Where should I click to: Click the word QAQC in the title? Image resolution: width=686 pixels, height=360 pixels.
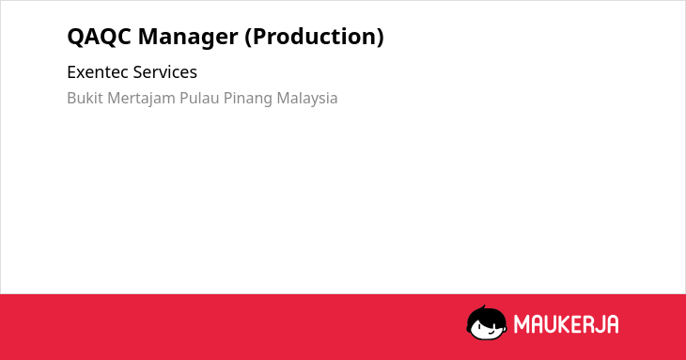[x=99, y=37]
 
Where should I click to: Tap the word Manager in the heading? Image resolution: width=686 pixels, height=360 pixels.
[x=188, y=38]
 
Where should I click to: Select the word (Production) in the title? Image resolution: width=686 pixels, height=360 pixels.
[x=314, y=38]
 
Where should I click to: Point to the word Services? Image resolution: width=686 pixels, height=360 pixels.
[x=165, y=72]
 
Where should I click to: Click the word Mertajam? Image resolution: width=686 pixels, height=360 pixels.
[x=141, y=99]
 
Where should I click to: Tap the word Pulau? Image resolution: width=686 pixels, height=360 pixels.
[x=199, y=98]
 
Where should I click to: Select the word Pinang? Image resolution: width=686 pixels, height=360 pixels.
[x=248, y=99]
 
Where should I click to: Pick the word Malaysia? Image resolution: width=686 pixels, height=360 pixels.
[x=307, y=99]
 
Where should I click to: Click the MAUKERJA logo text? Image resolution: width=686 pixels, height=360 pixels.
[x=566, y=324]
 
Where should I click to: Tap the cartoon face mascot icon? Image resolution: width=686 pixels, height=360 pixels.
[x=487, y=322]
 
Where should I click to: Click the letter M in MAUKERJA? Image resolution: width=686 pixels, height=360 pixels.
[x=522, y=324]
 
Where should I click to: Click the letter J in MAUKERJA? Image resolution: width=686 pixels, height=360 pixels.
[x=599, y=324]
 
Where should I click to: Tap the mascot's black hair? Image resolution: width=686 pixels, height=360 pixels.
[x=486, y=314]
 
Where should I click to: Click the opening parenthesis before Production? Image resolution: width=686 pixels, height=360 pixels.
[x=248, y=38]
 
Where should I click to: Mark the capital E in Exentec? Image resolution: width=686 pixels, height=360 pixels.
[x=70, y=72]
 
